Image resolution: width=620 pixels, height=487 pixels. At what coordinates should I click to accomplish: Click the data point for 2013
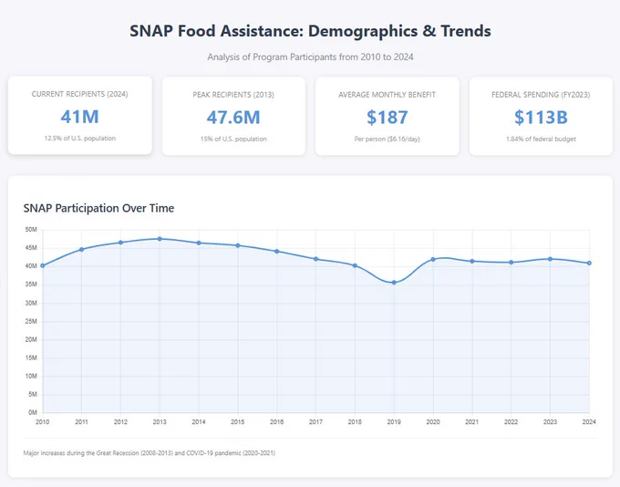(x=160, y=239)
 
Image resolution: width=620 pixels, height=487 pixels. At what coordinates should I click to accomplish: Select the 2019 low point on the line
(x=394, y=283)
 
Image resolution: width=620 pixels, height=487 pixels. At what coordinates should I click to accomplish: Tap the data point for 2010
(x=43, y=266)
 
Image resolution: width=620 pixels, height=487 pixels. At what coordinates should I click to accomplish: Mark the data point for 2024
(x=589, y=263)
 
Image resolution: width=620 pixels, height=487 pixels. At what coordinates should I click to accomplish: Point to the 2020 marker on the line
(x=433, y=260)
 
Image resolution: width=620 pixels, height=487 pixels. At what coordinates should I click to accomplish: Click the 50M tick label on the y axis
(x=31, y=230)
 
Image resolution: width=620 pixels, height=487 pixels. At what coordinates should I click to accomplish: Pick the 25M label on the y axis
(x=31, y=321)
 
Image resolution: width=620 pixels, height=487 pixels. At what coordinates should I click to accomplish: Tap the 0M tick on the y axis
(x=33, y=412)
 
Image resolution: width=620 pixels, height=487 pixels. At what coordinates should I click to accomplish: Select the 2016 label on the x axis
(x=277, y=422)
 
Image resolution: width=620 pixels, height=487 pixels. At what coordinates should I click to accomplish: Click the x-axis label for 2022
(x=511, y=422)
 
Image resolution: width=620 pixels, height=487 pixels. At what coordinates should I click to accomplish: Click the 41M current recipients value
(x=80, y=117)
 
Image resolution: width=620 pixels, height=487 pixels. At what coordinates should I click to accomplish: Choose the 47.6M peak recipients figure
(x=233, y=118)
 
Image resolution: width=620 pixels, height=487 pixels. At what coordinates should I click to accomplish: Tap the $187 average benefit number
(x=387, y=118)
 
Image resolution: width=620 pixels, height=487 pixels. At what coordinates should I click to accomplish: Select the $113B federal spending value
(x=541, y=118)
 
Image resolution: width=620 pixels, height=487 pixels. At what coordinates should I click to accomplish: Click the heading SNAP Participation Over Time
(x=98, y=208)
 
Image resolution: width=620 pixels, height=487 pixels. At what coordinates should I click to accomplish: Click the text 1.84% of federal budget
(x=541, y=140)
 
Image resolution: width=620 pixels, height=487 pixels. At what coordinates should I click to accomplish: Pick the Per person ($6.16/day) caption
(x=387, y=140)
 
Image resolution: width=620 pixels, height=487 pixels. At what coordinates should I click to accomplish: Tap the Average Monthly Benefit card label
(x=387, y=95)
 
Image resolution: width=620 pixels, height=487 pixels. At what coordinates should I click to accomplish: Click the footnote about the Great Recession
(x=149, y=453)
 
